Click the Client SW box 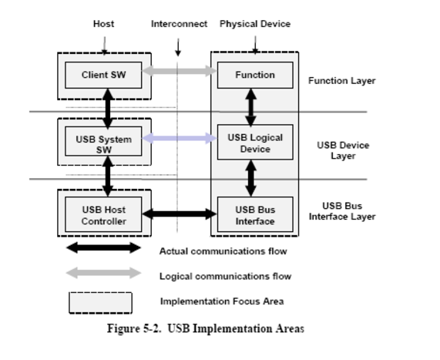click(x=103, y=75)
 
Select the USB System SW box click(x=103, y=141)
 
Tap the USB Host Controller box click(x=103, y=214)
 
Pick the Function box click(x=255, y=75)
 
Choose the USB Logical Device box click(x=255, y=142)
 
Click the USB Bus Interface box click(x=255, y=214)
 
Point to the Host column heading click(x=103, y=24)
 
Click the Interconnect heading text click(x=179, y=24)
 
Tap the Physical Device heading click(x=255, y=24)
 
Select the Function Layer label click(x=342, y=81)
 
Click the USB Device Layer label click(x=343, y=150)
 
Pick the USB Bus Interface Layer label click(x=342, y=211)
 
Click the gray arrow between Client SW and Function click(x=180, y=70)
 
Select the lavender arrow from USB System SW click(x=180, y=138)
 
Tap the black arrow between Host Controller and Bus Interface click(x=180, y=214)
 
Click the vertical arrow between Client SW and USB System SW click(x=108, y=109)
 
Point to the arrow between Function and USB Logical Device click(x=251, y=107)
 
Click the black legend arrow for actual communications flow click(x=103, y=247)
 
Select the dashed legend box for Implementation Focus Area click(x=100, y=303)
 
